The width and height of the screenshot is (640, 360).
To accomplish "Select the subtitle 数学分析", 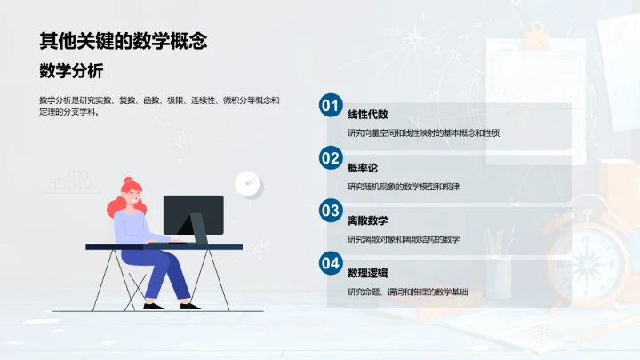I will point(71,71).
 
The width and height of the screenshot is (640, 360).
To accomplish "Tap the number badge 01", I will point(330,106).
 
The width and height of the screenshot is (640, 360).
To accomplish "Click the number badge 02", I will point(330,158).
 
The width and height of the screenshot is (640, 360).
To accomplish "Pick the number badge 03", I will point(330,211).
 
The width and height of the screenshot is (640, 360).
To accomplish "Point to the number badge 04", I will point(330,263).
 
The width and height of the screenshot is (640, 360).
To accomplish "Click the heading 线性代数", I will point(367,114).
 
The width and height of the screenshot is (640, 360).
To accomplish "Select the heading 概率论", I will point(363,166).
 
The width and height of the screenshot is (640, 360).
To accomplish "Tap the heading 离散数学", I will point(367,220).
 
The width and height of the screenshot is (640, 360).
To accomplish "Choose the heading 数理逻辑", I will point(367,272).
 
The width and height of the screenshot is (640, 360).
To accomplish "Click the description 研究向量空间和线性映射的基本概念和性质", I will point(423,133).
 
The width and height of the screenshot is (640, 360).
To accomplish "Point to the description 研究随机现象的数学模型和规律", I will point(403,186).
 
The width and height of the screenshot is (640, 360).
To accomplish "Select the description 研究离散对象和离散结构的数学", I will point(403,239).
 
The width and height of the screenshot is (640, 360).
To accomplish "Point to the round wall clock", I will point(248,183).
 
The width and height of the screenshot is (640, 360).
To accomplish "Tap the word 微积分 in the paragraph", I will point(234,100).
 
